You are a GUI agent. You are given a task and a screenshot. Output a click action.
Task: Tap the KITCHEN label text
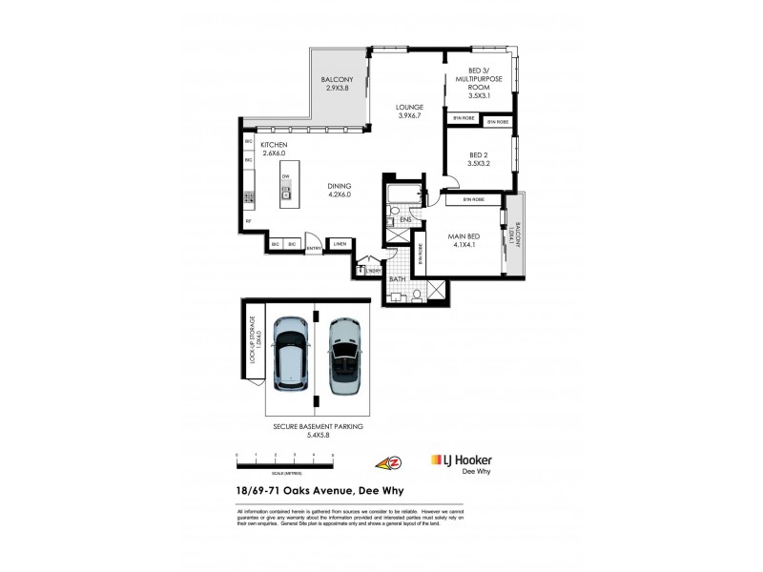pos(273,149)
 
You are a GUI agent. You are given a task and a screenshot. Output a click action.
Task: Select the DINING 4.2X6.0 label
pos(339,190)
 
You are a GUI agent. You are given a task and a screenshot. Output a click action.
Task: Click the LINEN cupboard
pos(339,245)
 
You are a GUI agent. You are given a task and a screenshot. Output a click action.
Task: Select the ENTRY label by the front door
pos(314,250)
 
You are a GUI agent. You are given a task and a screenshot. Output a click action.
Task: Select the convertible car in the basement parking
pos(341,355)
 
